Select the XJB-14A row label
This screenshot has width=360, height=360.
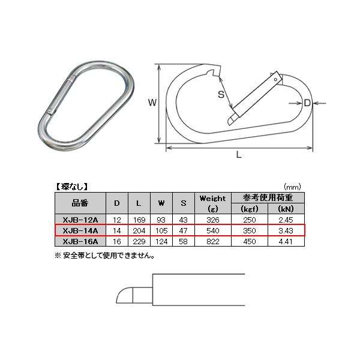coord(80,230)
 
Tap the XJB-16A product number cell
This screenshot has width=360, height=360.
coord(80,241)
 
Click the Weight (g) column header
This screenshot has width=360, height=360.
coord(212,203)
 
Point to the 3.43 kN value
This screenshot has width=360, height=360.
coord(286,230)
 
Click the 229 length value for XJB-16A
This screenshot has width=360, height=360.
coord(139,241)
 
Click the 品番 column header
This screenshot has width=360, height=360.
coord(80,203)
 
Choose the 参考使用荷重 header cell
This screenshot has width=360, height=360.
coord(268,197)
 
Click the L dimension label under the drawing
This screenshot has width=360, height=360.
coord(238,155)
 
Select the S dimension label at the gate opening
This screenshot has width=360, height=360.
coord(221,94)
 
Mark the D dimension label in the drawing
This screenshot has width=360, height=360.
coord(307,103)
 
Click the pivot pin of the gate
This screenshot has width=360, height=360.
coord(275,79)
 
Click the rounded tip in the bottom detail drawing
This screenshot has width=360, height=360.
coord(124,296)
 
